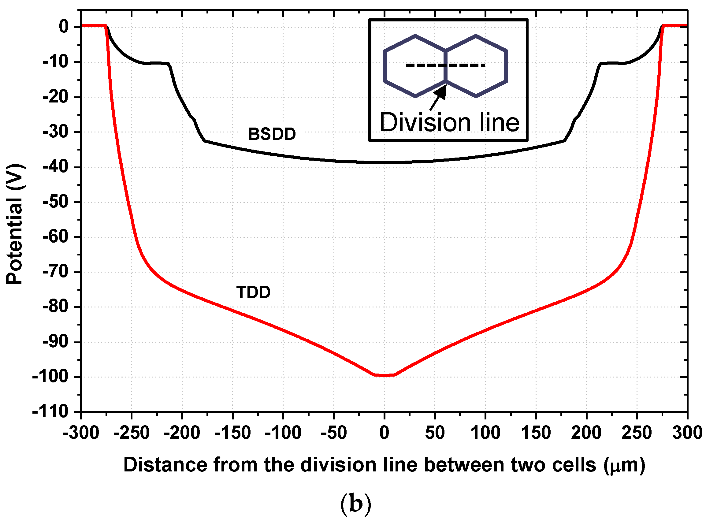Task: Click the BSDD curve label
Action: (272, 134)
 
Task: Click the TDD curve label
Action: (254, 292)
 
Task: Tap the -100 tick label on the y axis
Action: (50, 377)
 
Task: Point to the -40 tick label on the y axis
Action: (55, 167)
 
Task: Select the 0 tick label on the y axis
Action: (64, 27)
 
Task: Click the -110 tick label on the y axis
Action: (50, 411)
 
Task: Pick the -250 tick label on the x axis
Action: (132, 433)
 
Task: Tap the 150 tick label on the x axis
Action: (536, 433)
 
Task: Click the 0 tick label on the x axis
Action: (384, 433)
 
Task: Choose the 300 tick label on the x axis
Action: (687, 433)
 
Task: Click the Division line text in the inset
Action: (450, 122)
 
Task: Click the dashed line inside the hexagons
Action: (445, 65)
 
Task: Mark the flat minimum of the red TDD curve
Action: (384, 375)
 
